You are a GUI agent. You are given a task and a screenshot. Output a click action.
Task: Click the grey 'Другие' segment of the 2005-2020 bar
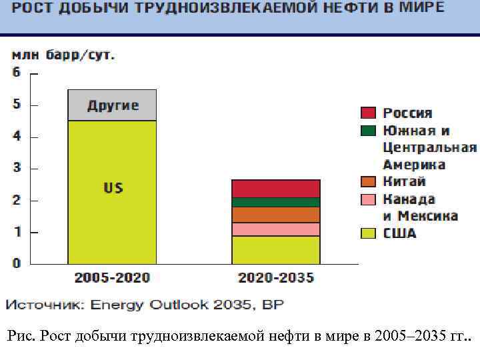(112, 105)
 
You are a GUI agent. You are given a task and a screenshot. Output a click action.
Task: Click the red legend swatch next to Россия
(369, 113)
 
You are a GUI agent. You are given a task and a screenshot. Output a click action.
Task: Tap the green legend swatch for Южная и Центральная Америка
(369, 130)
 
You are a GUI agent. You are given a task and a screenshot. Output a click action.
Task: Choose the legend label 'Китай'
(404, 181)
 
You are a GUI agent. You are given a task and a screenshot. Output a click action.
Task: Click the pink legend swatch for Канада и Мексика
(369, 199)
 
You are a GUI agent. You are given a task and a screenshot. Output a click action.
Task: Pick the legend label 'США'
(399, 233)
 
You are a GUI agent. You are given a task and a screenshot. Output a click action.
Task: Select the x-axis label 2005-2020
(112, 277)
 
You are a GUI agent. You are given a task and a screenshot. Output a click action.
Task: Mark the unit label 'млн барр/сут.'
(63, 55)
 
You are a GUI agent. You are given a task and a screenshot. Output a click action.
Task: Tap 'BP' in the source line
(273, 305)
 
